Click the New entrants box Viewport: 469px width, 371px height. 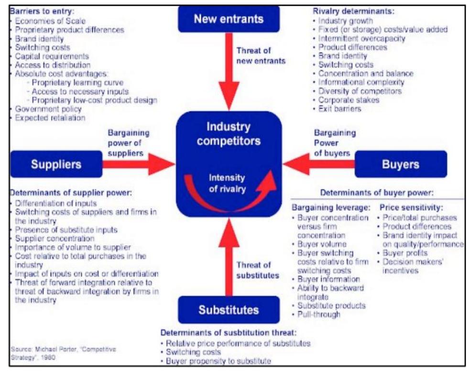229,19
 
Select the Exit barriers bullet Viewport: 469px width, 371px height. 340,109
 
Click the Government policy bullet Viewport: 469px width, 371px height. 48,109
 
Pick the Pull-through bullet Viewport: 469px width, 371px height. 319,315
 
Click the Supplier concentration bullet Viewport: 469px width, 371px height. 55,238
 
